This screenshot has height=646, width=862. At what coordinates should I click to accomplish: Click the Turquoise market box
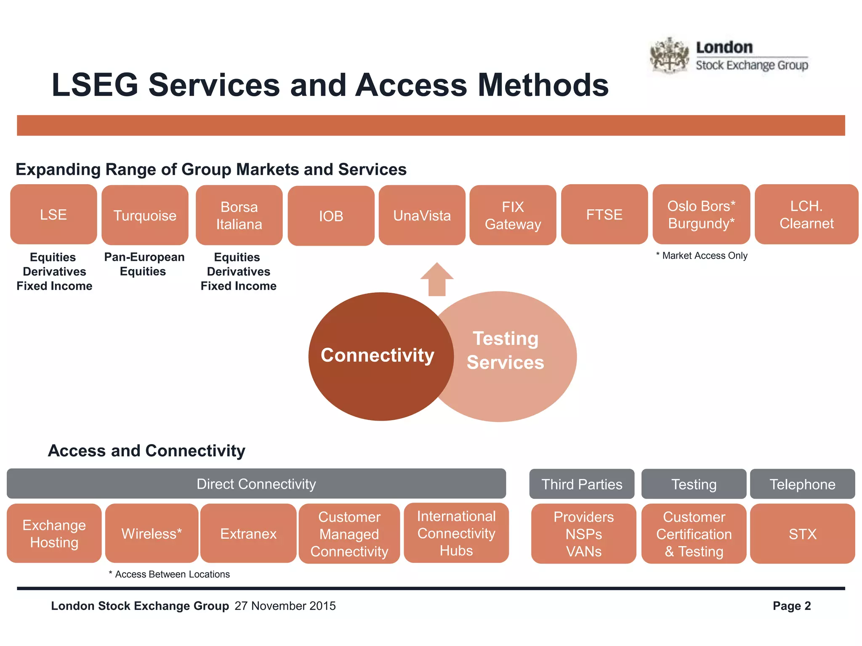click(x=145, y=215)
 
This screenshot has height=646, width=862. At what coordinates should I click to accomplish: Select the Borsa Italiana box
click(x=239, y=215)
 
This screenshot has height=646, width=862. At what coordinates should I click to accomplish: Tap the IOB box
click(x=331, y=216)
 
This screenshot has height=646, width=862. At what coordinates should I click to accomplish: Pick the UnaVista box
click(x=422, y=215)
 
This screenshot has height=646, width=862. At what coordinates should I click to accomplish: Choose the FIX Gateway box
click(x=513, y=215)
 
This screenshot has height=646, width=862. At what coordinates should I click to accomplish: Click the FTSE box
click(x=604, y=214)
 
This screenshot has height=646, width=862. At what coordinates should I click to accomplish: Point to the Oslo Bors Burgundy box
click(x=701, y=214)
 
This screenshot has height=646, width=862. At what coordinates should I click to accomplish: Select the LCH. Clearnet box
click(x=806, y=214)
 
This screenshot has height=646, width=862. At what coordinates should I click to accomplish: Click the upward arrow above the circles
click(x=437, y=279)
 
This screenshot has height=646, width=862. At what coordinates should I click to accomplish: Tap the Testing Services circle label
click(x=505, y=350)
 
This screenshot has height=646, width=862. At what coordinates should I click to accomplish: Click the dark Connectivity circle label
click(x=378, y=355)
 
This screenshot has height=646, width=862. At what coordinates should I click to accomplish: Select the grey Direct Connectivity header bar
click(x=256, y=484)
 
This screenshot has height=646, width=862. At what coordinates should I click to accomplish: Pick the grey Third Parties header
click(x=582, y=484)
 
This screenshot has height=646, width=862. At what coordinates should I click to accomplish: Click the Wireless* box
click(x=152, y=533)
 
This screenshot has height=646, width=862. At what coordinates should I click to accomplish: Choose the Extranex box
click(x=248, y=533)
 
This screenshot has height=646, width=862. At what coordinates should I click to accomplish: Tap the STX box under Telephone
click(x=802, y=534)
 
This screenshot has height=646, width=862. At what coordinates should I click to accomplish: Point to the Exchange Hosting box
click(x=54, y=533)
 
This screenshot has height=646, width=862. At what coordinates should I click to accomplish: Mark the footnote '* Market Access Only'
click(x=702, y=256)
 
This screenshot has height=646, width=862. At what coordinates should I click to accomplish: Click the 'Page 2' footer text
click(x=791, y=606)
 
